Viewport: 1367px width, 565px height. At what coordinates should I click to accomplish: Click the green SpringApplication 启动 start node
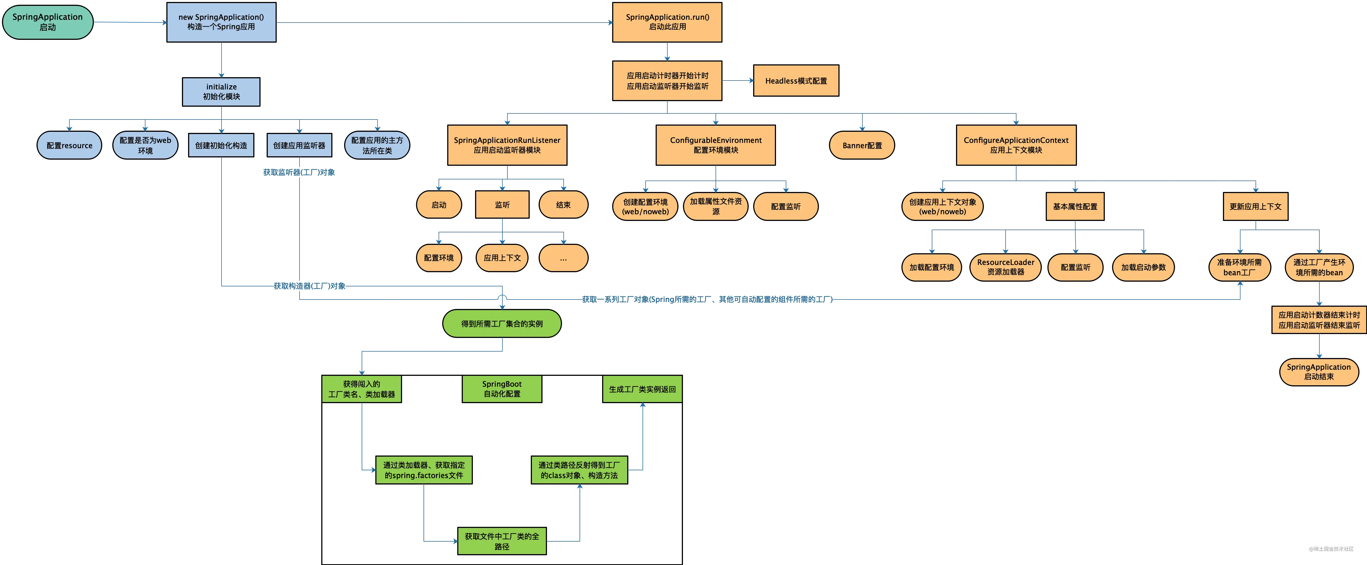pyautogui.click(x=48, y=22)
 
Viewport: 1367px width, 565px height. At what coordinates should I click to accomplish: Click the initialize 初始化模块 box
pyautogui.click(x=221, y=92)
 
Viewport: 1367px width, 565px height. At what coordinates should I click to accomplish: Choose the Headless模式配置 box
pyautogui.click(x=796, y=81)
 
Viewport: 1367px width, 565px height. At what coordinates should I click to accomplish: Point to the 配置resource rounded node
pyautogui.click(x=69, y=145)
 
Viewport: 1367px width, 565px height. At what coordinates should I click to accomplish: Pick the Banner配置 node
pyautogui.click(x=862, y=145)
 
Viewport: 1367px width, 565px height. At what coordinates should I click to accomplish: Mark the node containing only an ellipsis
pyautogui.click(x=563, y=258)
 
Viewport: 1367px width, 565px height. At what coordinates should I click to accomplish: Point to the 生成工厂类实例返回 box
pyautogui.click(x=642, y=389)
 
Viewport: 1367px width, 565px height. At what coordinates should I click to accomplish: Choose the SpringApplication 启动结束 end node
pyautogui.click(x=1319, y=372)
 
